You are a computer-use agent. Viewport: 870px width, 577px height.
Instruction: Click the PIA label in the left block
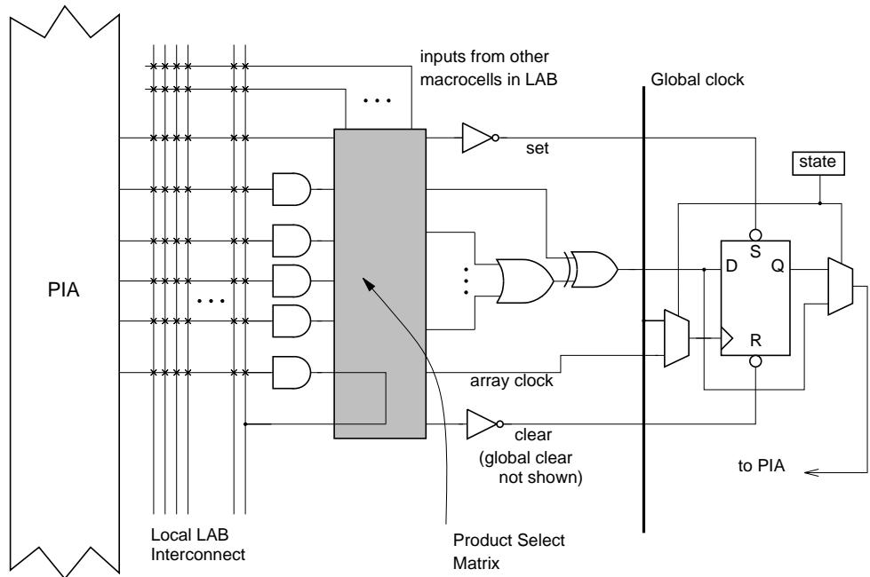[63, 290]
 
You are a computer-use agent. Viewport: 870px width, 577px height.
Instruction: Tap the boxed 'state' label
[818, 163]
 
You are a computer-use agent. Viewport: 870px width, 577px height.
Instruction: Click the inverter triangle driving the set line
[477, 138]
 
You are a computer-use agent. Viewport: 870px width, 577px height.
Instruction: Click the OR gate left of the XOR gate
[525, 281]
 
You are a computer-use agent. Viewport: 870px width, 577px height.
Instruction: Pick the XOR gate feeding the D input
[593, 269]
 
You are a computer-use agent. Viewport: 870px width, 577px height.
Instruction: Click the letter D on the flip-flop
[731, 266]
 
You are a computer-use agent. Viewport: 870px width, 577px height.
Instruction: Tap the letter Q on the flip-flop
[778, 266]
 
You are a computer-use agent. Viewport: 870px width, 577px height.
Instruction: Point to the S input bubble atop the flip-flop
[755, 234]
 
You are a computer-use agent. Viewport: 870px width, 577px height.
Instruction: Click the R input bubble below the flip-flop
[755, 361]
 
